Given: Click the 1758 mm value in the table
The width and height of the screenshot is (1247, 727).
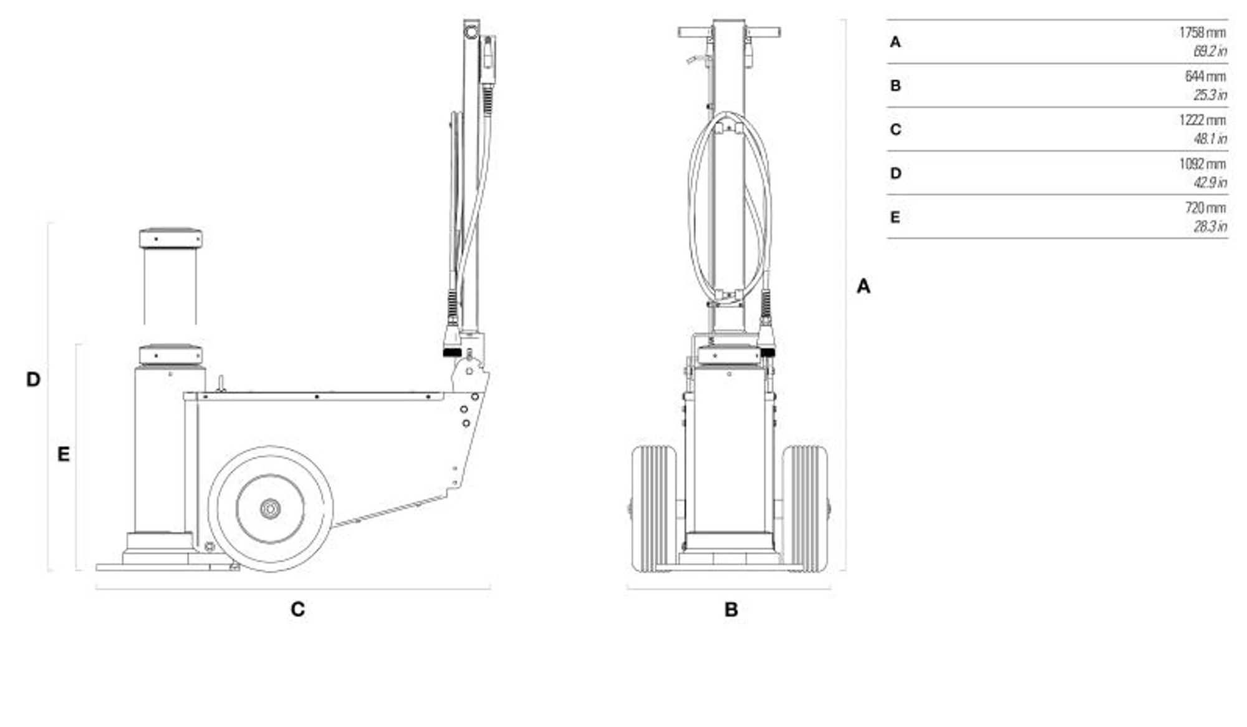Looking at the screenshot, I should click(1201, 32).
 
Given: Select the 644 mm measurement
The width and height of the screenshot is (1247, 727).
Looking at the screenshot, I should click(1205, 76).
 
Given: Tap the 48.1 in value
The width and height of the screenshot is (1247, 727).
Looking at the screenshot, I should click(1210, 139).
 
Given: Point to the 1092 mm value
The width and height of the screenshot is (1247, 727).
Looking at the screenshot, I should click(1201, 164).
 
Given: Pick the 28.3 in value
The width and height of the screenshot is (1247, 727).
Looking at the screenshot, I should click(1210, 227).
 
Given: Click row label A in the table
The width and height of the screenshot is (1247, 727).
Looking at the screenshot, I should click(895, 42).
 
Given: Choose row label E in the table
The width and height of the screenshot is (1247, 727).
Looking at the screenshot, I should click(895, 217).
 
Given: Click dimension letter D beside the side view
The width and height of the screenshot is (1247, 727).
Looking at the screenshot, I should click(33, 379).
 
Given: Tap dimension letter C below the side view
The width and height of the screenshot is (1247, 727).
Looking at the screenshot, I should click(297, 609).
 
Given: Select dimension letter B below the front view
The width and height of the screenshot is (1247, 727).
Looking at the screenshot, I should click(731, 609).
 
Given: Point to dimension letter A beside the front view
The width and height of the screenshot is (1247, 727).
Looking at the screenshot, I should click(863, 286).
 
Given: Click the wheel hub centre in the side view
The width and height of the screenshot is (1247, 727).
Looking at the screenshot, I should click(270, 509).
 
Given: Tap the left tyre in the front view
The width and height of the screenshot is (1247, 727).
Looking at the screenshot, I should click(653, 508).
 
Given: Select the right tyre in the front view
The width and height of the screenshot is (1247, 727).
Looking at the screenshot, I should click(805, 508).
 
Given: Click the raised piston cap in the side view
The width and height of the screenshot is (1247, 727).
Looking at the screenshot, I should click(170, 238).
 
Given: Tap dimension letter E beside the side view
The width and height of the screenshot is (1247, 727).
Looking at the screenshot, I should click(64, 454).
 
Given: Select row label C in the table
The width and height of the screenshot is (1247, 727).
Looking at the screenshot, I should click(895, 129).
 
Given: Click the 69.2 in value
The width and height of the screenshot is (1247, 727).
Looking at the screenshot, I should click(1210, 51).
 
